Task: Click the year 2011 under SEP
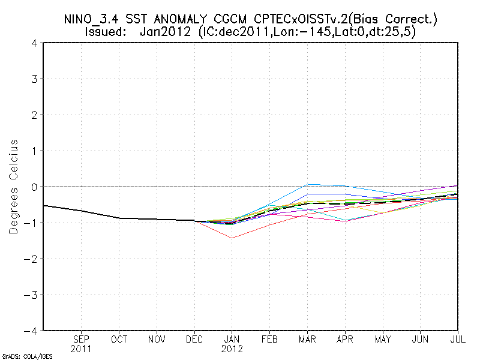[82, 349]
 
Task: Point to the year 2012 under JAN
[232, 349]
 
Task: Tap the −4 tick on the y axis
[32, 331]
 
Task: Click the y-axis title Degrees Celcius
[13, 187]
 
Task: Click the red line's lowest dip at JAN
[232, 238]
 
